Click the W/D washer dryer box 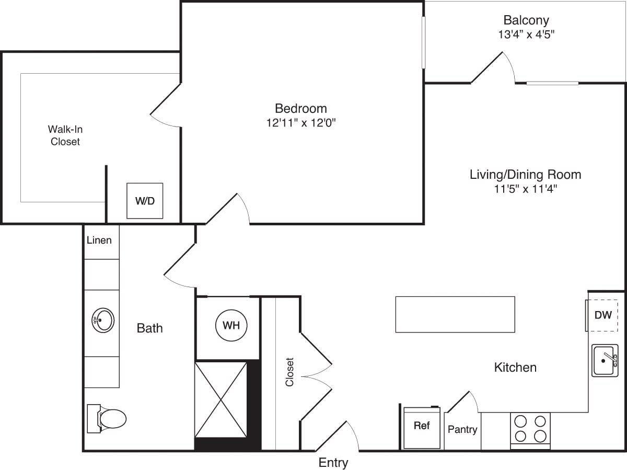[145, 201]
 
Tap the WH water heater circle [231, 325]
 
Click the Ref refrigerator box [422, 427]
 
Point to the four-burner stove [530, 429]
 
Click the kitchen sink [605, 360]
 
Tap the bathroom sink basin [102, 320]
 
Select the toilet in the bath [108, 419]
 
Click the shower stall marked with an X [220, 399]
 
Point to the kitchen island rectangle [455, 314]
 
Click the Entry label [333, 462]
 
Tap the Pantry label [462, 429]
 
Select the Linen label [99, 240]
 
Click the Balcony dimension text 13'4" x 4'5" [526, 35]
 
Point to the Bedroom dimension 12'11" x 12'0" [301, 123]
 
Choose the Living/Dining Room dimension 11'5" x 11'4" [526, 189]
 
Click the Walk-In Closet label [65, 135]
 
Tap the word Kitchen [515, 368]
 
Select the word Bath [149, 328]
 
